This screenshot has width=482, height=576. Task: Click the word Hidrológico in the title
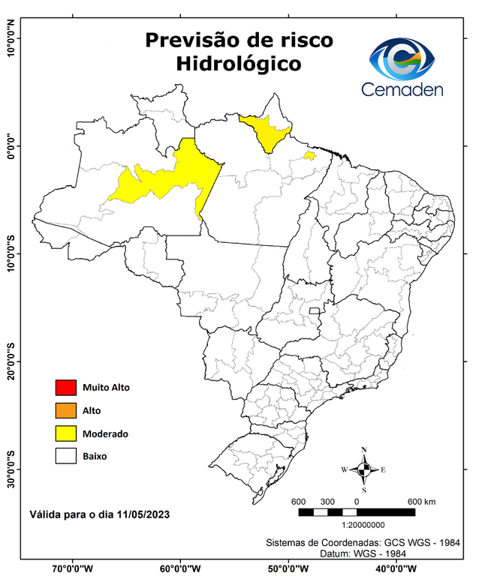[x=238, y=64]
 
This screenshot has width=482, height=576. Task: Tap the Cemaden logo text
[x=402, y=89]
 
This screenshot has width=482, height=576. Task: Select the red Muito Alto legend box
[x=65, y=388]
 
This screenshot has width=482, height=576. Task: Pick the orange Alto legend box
[x=65, y=410]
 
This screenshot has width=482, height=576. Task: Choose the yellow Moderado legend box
[x=65, y=433]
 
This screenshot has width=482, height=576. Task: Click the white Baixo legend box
[x=65, y=456]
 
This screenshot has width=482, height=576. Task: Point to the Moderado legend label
[x=106, y=433]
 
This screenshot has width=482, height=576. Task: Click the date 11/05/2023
[x=141, y=515]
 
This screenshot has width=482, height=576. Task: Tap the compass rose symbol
[x=363, y=469]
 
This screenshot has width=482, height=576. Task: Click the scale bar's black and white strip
[x=357, y=512]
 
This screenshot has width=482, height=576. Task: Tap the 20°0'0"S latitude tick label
[x=11, y=362]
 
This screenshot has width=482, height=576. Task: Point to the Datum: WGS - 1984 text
[x=363, y=553]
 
